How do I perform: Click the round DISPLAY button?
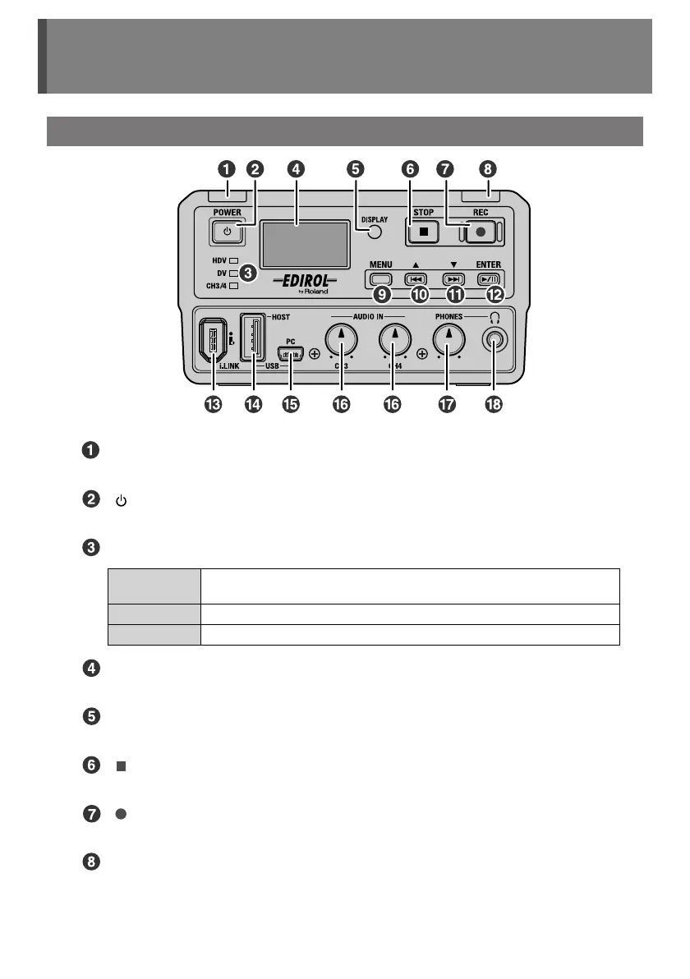tap(375, 232)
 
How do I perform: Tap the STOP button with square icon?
tap(424, 232)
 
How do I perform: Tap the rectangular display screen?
tap(305, 243)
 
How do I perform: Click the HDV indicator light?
tap(233, 260)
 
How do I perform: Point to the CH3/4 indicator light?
tap(233, 285)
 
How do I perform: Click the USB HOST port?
tap(252, 337)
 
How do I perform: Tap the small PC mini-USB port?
tap(291, 355)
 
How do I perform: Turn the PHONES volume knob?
tap(448, 338)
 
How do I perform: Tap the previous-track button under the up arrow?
tap(416, 278)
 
